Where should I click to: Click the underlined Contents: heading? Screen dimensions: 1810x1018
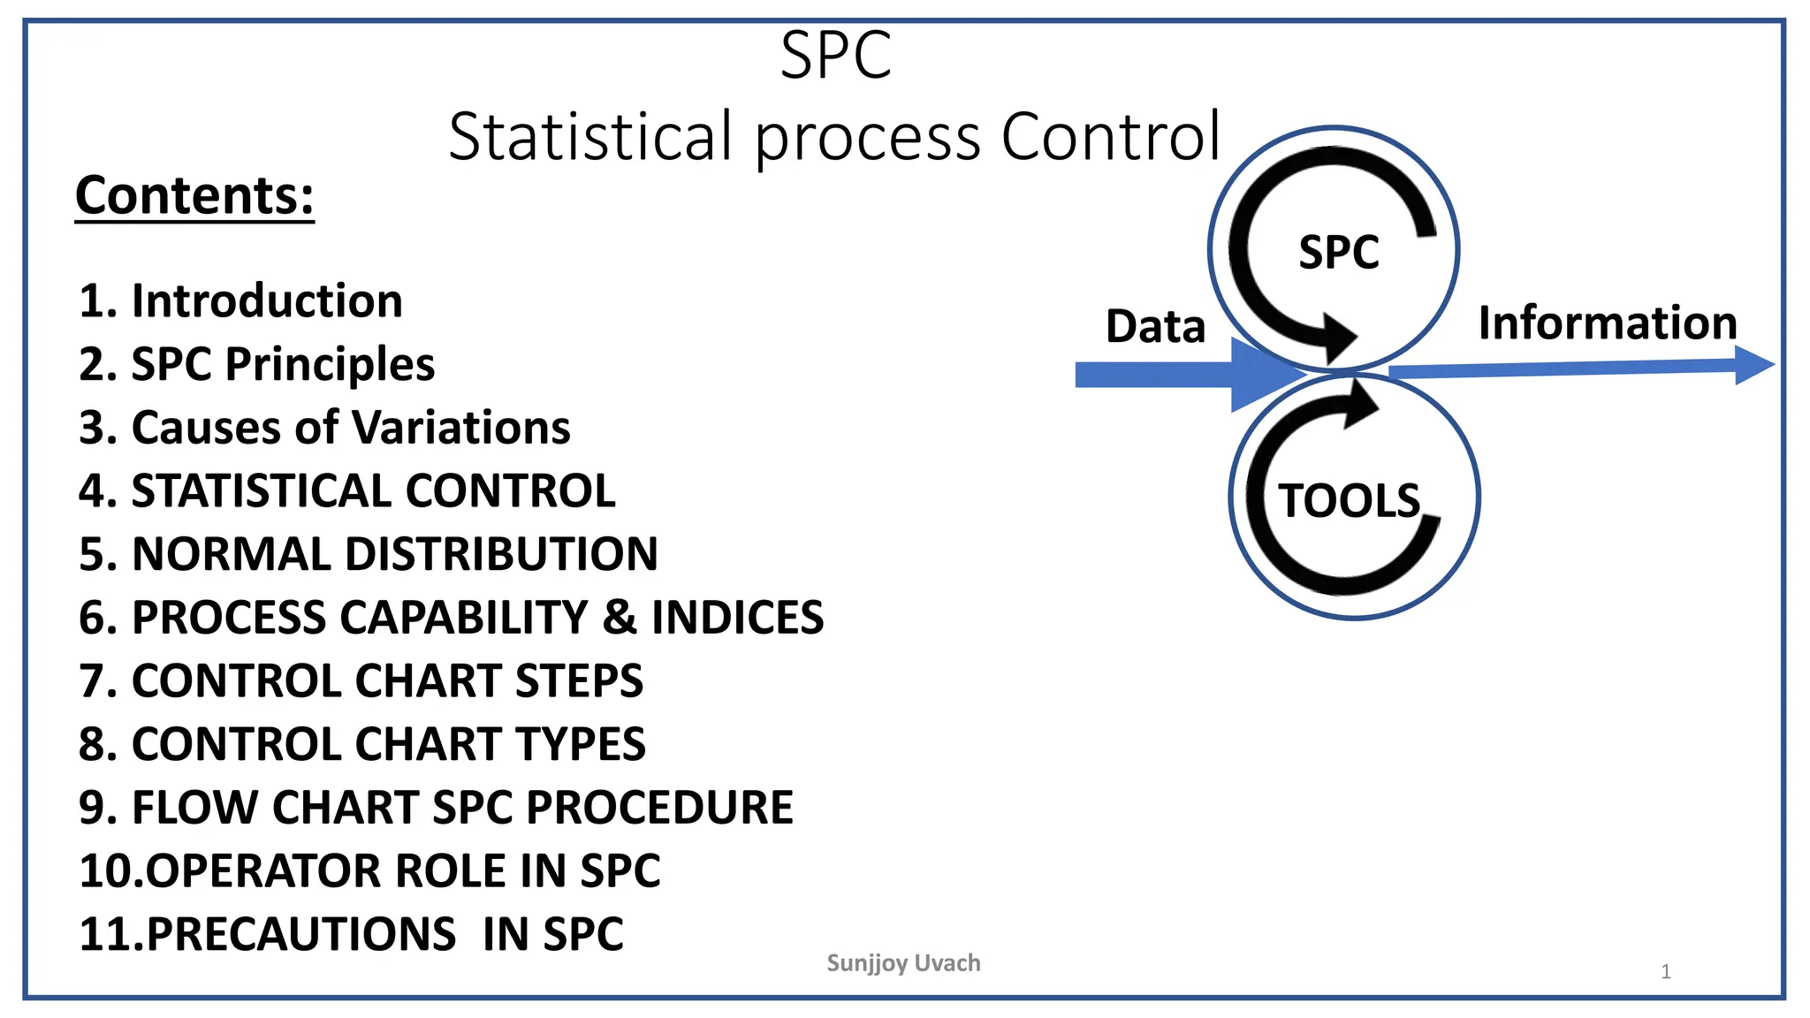[x=194, y=195]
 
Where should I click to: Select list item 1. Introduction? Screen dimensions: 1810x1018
[x=240, y=300]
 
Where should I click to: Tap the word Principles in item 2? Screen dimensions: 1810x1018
[x=330, y=364]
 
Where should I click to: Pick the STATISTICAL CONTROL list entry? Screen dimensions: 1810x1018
[x=346, y=490]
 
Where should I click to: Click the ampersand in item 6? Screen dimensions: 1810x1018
[x=619, y=617]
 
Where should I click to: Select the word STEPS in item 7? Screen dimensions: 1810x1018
[x=580, y=680]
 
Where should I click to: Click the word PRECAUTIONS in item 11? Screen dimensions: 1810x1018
[x=300, y=934]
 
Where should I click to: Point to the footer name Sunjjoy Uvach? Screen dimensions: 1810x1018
[x=903, y=963]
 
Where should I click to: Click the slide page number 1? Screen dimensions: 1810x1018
[x=1666, y=972]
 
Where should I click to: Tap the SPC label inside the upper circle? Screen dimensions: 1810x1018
[x=1338, y=252]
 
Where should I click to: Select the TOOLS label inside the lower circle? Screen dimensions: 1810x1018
[x=1349, y=501]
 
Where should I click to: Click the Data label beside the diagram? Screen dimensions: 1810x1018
[x=1155, y=326]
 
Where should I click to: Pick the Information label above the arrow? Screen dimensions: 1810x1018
[x=1608, y=323]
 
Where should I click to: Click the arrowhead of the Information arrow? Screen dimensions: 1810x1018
[x=1753, y=365]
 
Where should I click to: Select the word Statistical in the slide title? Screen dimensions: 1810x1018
[x=590, y=137]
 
